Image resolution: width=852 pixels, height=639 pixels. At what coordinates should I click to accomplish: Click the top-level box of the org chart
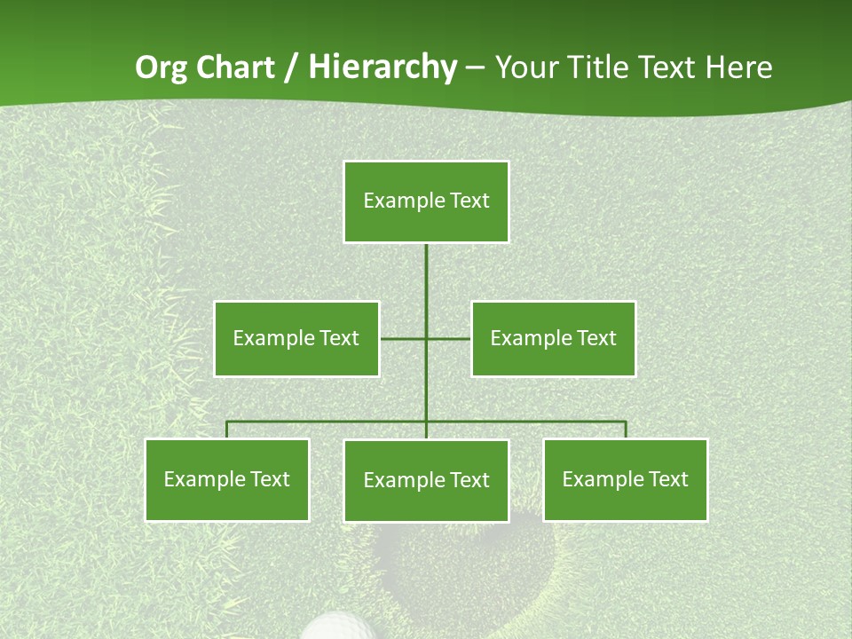click(x=426, y=201)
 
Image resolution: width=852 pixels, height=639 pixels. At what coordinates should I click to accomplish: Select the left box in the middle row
click(x=296, y=338)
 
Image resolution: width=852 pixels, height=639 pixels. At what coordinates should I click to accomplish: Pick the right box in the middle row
click(x=553, y=338)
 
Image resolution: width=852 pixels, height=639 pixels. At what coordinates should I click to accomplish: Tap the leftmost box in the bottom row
click(x=227, y=479)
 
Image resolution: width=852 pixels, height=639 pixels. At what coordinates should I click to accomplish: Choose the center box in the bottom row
click(x=426, y=480)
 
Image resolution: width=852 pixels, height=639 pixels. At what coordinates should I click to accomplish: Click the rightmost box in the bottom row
click(x=625, y=479)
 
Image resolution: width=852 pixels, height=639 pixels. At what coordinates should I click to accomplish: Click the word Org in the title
click(x=160, y=67)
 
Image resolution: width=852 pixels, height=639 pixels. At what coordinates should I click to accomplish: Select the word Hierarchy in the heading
click(x=382, y=67)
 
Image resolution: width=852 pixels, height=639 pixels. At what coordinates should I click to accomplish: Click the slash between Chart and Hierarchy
click(x=291, y=67)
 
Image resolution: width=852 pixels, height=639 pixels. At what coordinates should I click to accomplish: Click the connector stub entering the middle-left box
click(x=402, y=338)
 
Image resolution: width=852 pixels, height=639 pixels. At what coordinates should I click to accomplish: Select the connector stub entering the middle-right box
click(x=449, y=338)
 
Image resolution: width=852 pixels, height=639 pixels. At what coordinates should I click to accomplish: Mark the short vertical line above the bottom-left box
click(x=227, y=430)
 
